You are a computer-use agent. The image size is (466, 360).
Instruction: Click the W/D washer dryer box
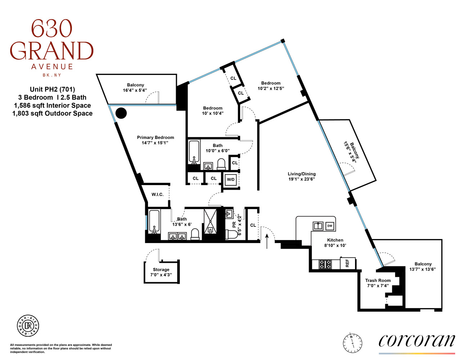(230, 179)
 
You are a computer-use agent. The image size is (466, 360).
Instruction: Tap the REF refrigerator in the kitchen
(348, 263)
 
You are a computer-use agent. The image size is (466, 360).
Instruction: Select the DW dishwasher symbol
(330, 226)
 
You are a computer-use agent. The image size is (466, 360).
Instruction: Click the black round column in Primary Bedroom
(121, 113)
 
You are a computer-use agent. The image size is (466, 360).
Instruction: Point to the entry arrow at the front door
(267, 241)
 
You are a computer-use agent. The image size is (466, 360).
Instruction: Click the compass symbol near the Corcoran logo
(352, 342)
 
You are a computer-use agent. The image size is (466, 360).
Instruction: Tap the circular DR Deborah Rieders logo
(28, 326)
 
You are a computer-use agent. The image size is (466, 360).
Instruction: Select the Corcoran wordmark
(417, 341)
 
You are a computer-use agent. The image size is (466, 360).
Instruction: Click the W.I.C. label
(157, 194)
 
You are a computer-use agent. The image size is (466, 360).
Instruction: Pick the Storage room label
(161, 269)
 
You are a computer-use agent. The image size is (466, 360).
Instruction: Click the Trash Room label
(378, 280)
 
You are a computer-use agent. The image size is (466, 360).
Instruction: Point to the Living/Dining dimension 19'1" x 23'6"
(301, 179)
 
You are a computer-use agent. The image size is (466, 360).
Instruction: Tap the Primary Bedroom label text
(155, 137)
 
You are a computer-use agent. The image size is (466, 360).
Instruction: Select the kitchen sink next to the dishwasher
(318, 226)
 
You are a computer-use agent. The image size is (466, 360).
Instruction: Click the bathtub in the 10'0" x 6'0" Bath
(194, 152)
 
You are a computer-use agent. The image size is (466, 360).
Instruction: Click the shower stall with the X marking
(210, 221)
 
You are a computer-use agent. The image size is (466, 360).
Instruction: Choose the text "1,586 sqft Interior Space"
(52, 105)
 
